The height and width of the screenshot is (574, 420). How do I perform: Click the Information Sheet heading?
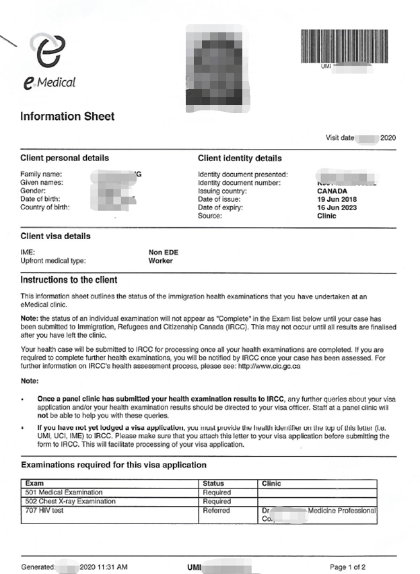(x=67, y=117)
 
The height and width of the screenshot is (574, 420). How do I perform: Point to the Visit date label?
(x=340, y=138)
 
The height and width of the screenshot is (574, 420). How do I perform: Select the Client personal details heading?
(x=65, y=159)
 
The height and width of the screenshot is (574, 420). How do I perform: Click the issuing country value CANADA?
(x=332, y=191)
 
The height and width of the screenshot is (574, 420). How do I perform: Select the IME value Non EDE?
(x=164, y=253)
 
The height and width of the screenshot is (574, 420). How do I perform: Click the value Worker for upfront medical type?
(x=161, y=261)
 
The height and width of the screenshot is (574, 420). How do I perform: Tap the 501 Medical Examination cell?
(x=64, y=492)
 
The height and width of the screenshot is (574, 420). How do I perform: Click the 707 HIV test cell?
(x=44, y=511)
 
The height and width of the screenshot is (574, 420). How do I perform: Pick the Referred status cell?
(x=217, y=511)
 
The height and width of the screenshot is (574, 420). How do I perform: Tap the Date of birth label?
(x=42, y=199)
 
